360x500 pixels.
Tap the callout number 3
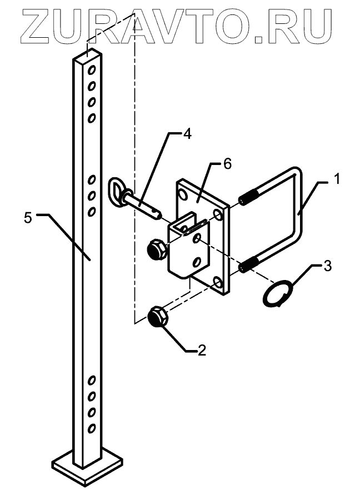pyautogui.click(x=328, y=266)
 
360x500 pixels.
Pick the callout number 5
pyautogui.click(x=28, y=218)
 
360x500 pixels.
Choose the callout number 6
pyautogui.click(x=227, y=163)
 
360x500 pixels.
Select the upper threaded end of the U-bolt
pyautogui.click(x=248, y=199)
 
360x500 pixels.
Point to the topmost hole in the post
pyautogui.click(x=92, y=71)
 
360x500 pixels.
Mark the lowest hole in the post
pyautogui.click(x=92, y=428)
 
